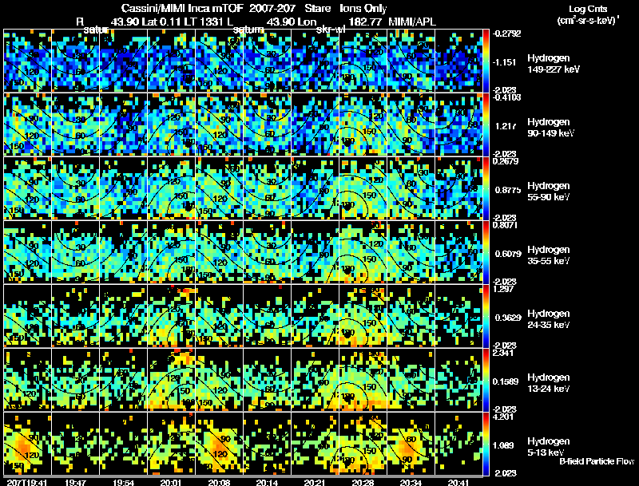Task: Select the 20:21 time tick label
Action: point(315,482)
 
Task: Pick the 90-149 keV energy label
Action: point(549,133)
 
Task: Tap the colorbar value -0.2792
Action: point(509,33)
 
